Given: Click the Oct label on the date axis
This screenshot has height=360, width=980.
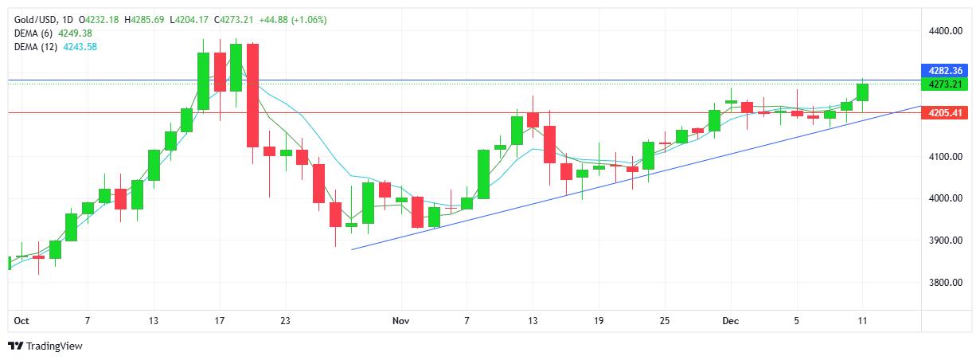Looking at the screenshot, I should [21, 321].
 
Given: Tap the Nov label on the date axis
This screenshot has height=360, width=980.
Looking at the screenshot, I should [400, 321].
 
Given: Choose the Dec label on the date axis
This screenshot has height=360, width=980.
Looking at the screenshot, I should [730, 321].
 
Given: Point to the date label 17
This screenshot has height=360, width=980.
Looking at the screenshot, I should [220, 321].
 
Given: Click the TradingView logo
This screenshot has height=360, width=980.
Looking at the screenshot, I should [45, 346].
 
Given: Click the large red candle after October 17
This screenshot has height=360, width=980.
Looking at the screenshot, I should [252, 96].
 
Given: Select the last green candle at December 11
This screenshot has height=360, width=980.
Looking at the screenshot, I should [863, 92].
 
